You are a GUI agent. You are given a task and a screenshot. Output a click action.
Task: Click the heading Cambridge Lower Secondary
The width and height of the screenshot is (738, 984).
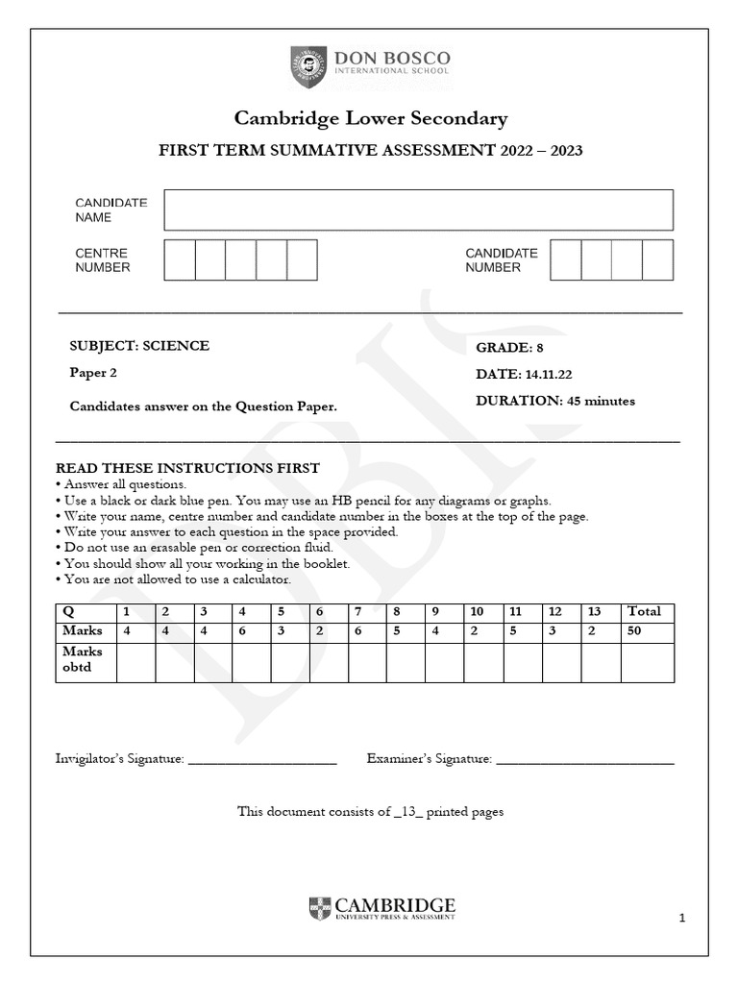[x=371, y=119]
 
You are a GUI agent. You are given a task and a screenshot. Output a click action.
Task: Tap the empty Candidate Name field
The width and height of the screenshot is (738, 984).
[x=418, y=209]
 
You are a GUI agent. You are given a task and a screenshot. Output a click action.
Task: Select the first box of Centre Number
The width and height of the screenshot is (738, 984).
[x=180, y=260]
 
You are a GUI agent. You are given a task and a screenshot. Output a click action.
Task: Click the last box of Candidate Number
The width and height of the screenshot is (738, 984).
[x=657, y=260]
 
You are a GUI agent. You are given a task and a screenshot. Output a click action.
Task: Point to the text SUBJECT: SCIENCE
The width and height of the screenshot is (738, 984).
[x=139, y=346]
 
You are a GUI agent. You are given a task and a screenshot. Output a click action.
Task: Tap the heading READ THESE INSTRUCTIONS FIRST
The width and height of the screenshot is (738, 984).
[x=187, y=468]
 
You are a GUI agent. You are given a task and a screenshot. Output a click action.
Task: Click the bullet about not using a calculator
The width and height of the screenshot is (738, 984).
[x=176, y=579]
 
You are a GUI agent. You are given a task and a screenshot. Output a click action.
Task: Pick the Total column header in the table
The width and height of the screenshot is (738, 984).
[x=644, y=611]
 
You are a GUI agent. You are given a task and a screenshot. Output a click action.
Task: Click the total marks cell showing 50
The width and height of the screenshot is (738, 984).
[x=634, y=631]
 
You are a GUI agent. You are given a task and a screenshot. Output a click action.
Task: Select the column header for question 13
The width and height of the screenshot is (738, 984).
[x=596, y=611]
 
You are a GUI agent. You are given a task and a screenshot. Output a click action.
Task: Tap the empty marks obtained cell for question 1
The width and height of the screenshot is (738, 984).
[x=135, y=662]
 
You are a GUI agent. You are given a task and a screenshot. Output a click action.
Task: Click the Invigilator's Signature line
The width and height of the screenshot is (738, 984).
[x=262, y=760]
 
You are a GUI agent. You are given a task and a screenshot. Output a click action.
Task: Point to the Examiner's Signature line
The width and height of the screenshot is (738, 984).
[x=585, y=760]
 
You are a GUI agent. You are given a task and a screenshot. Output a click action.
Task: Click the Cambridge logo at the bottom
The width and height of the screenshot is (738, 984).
[x=381, y=908]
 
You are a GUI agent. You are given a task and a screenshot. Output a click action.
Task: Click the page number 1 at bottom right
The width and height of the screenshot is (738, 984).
[x=681, y=919]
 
